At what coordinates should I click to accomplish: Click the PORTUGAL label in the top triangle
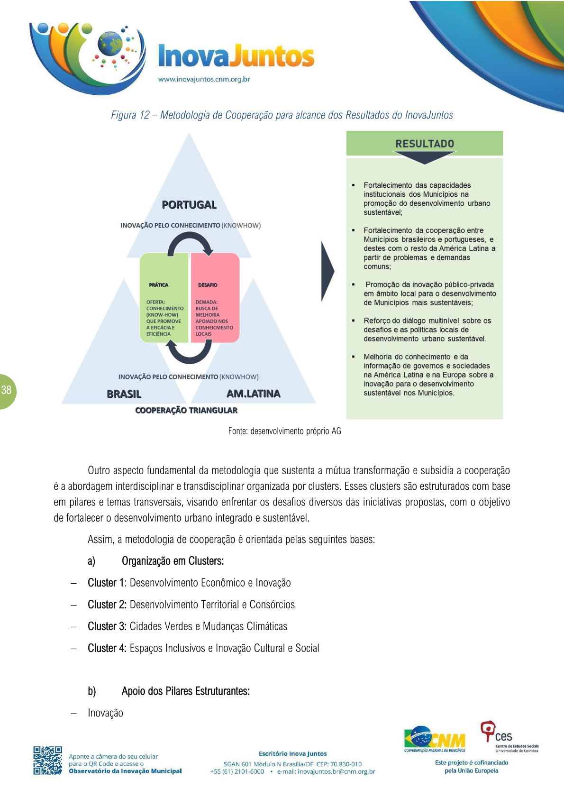(189, 205)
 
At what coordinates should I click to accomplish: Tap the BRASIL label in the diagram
(124, 394)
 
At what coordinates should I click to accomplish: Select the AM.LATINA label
(253, 394)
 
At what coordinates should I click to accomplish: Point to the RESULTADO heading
(425, 144)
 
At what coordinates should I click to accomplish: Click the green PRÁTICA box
(164, 297)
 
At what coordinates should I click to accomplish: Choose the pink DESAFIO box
(215, 297)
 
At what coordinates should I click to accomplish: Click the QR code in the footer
(47, 761)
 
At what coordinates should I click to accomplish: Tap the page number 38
(7, 390)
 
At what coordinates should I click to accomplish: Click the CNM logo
(435, 739)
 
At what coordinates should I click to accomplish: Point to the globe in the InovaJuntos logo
(110, 44)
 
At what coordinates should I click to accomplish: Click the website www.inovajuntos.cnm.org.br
(204, 79)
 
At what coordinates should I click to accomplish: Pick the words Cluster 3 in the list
(107, 626)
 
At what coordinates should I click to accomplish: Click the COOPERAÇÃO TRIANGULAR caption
(186, 410)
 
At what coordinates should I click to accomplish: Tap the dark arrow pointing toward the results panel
(327, 272)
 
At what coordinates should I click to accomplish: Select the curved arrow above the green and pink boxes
(190, 243)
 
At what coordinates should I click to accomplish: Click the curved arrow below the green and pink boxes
(189, 353)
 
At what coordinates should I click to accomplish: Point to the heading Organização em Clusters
(173, 561)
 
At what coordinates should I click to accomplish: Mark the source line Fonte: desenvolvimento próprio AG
(284, 431)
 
